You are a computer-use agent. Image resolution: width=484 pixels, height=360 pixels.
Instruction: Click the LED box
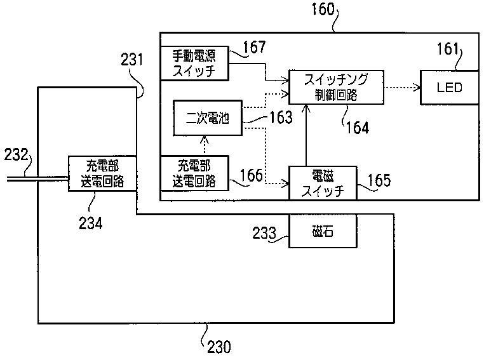pos(450,88)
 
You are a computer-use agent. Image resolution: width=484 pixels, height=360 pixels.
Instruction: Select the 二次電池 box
pos(208,118)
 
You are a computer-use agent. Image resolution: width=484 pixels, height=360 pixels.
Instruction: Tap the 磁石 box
pos(323,231)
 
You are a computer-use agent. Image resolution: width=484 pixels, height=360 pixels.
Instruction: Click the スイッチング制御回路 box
pos(336,87)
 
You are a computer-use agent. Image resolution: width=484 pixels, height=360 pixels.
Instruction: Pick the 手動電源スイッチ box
pos(194,63)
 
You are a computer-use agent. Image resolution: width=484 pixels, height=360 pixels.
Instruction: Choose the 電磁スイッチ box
pos(323,183)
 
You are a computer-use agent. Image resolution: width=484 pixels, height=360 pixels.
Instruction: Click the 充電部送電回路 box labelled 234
pos(102,173)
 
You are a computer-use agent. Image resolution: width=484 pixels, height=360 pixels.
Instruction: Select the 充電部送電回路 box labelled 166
pos(194,173)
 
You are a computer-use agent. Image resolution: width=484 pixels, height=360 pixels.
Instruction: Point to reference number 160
pos(323,9)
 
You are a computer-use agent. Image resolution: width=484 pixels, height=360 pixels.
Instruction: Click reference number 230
pos(219,347)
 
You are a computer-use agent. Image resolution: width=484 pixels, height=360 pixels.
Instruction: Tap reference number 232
pos(16,154)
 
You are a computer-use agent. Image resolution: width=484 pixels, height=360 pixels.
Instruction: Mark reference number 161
pos(448,49)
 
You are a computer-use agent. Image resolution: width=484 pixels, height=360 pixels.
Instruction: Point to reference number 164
pos(357,128)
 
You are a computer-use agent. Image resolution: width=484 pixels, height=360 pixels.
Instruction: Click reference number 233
pos(264,233)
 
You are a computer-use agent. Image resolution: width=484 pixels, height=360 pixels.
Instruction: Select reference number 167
pos(254,47)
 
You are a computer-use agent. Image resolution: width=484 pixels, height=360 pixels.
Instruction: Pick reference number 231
pos(132,60)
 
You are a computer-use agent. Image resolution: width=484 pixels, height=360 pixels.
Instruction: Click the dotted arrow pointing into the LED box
pos(402,88)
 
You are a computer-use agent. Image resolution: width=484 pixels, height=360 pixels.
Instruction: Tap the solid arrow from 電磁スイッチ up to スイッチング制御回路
pos(306,135)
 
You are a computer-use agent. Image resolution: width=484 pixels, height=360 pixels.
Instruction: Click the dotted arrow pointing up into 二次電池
pos(205,145)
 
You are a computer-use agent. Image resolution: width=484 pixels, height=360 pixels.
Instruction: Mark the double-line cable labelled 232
pos(37,178)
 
